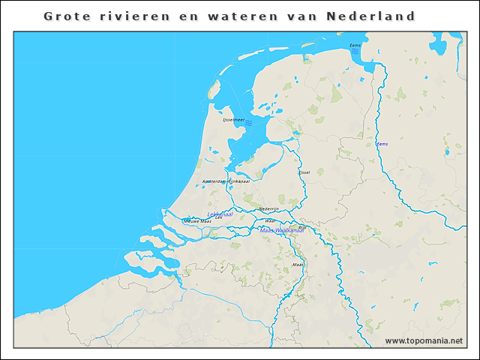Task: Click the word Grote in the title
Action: click(65, 16)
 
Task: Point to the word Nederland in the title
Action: click(370, 16)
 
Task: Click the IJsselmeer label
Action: click(233, 120)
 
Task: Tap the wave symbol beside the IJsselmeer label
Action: click(249, 122)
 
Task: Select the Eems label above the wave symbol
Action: click(355, 45)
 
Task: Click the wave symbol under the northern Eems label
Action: click(355, 50)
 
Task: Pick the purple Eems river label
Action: click(382, 143)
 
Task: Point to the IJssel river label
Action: click(304, 172)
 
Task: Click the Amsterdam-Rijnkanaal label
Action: click(225, 181)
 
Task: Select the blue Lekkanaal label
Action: click(220, 214)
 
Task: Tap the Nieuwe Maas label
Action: click(197, 221)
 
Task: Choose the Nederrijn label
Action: click(268, 208)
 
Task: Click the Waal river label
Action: click(269, 221)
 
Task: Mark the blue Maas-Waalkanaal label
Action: click(282, 230)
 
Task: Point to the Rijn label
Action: click(303, 226)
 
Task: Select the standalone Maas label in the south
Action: click(297, 265)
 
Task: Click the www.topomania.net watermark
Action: click(424, 340)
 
